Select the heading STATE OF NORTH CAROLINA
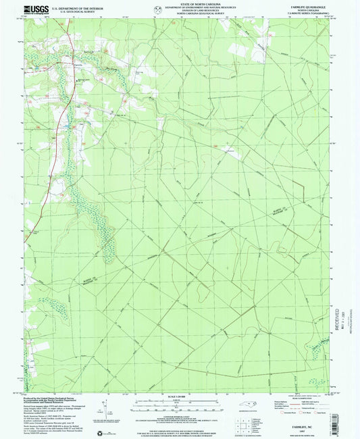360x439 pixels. (x=180, y=3)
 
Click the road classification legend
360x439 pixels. (x=307, y=406)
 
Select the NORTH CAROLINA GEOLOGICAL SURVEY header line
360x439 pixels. (x=180, y=14)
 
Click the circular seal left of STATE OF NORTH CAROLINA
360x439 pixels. (x=158, y=9)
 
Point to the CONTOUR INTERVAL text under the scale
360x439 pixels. (x=180, y=411)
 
